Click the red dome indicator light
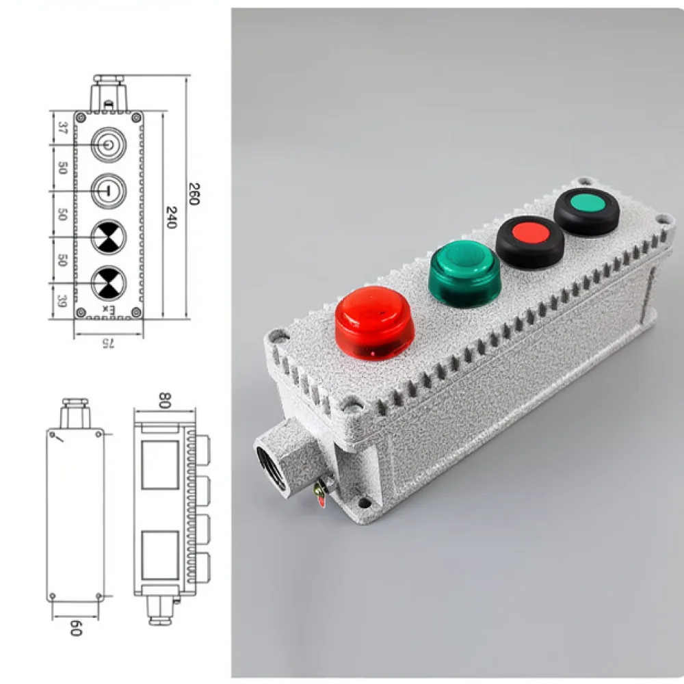click(374, 323)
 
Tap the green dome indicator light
click(464, 274)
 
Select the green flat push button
click(587, 212)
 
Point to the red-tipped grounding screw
click(320, 493)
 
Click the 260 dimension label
click(194, 194)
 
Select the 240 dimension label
click(171, 218)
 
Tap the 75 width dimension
click(108, 343)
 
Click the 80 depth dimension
click(164, 400)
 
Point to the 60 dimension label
click(76, 628)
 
